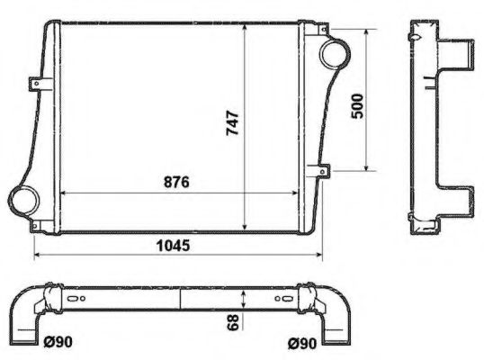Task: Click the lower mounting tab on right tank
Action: (x=321, y=169)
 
